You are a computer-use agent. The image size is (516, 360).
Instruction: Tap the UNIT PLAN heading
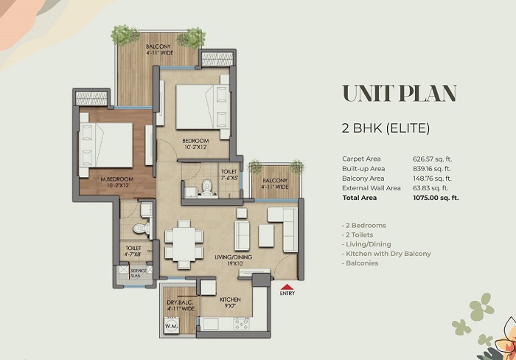tap(399, 94)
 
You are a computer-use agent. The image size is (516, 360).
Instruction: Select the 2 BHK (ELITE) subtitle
tap(386, 128)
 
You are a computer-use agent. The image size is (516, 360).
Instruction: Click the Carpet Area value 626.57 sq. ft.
tap(436, 159)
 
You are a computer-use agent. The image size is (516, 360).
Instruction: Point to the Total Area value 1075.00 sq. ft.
tap(436, 198)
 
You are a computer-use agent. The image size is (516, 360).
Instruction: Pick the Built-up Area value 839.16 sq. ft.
tap(436, 169)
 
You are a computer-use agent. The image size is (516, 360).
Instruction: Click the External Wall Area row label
tap(372, 188)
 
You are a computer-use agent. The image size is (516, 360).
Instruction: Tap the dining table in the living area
tap(184, 241)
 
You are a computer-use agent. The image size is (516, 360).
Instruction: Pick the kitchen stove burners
tap(241, 323)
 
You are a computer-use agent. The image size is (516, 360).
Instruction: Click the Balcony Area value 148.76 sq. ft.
tap(436, 179)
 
